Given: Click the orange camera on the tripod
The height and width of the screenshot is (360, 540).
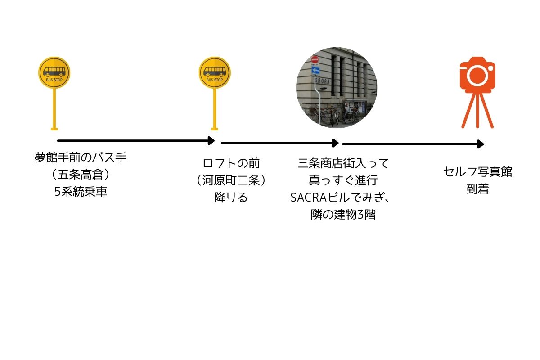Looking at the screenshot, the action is tap(477, 92).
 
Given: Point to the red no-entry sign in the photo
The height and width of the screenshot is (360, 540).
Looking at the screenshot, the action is tap(315, 59).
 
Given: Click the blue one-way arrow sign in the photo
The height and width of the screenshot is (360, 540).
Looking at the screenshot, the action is tap(315, 70).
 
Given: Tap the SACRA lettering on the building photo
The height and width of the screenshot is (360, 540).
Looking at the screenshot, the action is tap(323, 81).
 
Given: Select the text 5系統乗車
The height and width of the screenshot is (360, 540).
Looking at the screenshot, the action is tap(81, 192).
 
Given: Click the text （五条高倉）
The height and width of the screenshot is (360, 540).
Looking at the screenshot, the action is tap(81, 175).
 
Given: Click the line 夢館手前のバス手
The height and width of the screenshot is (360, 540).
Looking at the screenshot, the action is tap(81, 157).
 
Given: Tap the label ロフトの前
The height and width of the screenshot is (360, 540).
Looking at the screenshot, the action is tap(231, 163).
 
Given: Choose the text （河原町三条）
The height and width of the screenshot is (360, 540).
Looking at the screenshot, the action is tap(231, 180).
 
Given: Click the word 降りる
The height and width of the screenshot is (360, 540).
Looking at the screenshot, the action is tap(231, 198).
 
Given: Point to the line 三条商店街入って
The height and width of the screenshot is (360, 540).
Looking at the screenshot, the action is tap(343, 163).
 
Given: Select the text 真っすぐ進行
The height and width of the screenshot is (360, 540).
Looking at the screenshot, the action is tap(343, 180).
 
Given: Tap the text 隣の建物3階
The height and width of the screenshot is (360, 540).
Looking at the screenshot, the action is tap(343, 215).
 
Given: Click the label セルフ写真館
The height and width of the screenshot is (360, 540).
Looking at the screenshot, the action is tap(478, 172).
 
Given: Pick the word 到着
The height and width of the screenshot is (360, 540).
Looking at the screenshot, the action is tap(477, 189).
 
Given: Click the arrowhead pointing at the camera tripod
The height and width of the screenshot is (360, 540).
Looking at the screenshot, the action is tap(481, 144).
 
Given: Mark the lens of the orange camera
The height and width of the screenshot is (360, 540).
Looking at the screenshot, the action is tap(477, 76).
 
